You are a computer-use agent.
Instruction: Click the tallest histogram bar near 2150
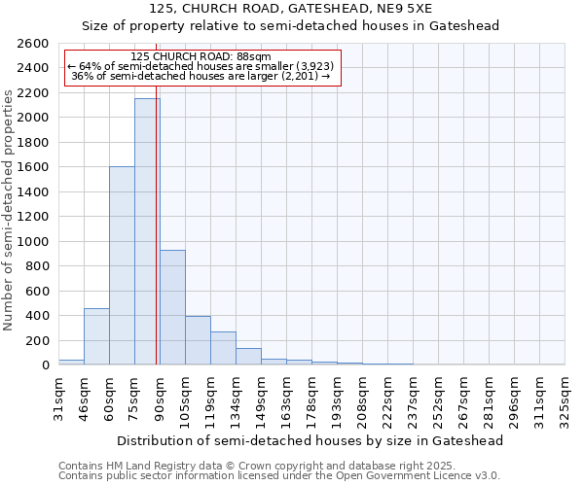[x=147, y=233]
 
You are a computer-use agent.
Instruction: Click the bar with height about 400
[x=198, y=341]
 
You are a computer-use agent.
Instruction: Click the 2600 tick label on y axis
[x=33, y=44]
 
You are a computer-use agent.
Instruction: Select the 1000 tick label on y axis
[x=33, y=242]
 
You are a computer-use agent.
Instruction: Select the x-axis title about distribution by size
[x=310, y=441]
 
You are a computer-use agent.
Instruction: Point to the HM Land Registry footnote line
[x=277, y=466]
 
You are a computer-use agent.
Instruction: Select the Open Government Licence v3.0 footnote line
[x=279, y=475]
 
